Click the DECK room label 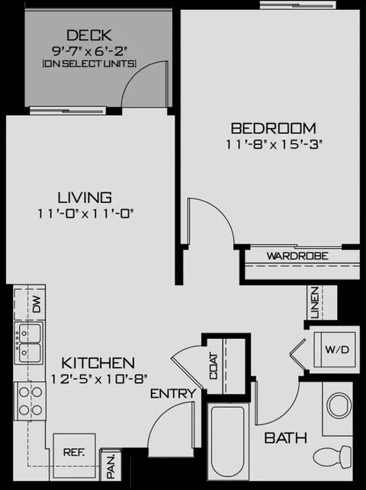click(89, 35)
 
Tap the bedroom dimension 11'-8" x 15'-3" click(274, 144)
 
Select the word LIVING click(85, 198)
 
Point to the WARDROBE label click(297, 256)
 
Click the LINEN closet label click(315, 302)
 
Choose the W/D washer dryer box click(335, 350)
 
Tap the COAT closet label click(213, 366)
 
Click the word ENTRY click(173, 394)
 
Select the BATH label click(285, 438)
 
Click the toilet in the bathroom click(332, 458)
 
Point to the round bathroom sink click(339, 405)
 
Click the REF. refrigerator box click(74, 452)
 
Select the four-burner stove click(30, 401)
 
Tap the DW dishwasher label click(37, 305)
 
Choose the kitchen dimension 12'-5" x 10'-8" click(99, 379)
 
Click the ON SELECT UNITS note click(89, 64)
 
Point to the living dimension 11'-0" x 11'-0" click(85, 214)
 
